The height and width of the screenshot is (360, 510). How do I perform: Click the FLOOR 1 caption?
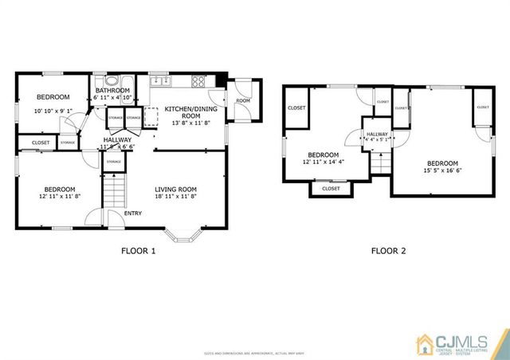coord(138,251)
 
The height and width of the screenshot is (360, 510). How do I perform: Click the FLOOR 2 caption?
coord(388,251)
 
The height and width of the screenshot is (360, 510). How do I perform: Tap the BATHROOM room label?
coord(112,91)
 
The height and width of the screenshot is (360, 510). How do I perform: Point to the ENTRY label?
coord(134,213)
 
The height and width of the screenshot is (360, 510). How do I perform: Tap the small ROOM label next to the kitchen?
coord(242,101)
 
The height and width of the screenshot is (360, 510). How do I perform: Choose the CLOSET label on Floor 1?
coord(41,143)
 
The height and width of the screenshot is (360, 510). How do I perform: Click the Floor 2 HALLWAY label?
coord(377,135)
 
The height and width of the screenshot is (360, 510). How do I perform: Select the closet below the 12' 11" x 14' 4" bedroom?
coord(331,189)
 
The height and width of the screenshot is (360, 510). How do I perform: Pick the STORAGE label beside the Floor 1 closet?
coord(68,143)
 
